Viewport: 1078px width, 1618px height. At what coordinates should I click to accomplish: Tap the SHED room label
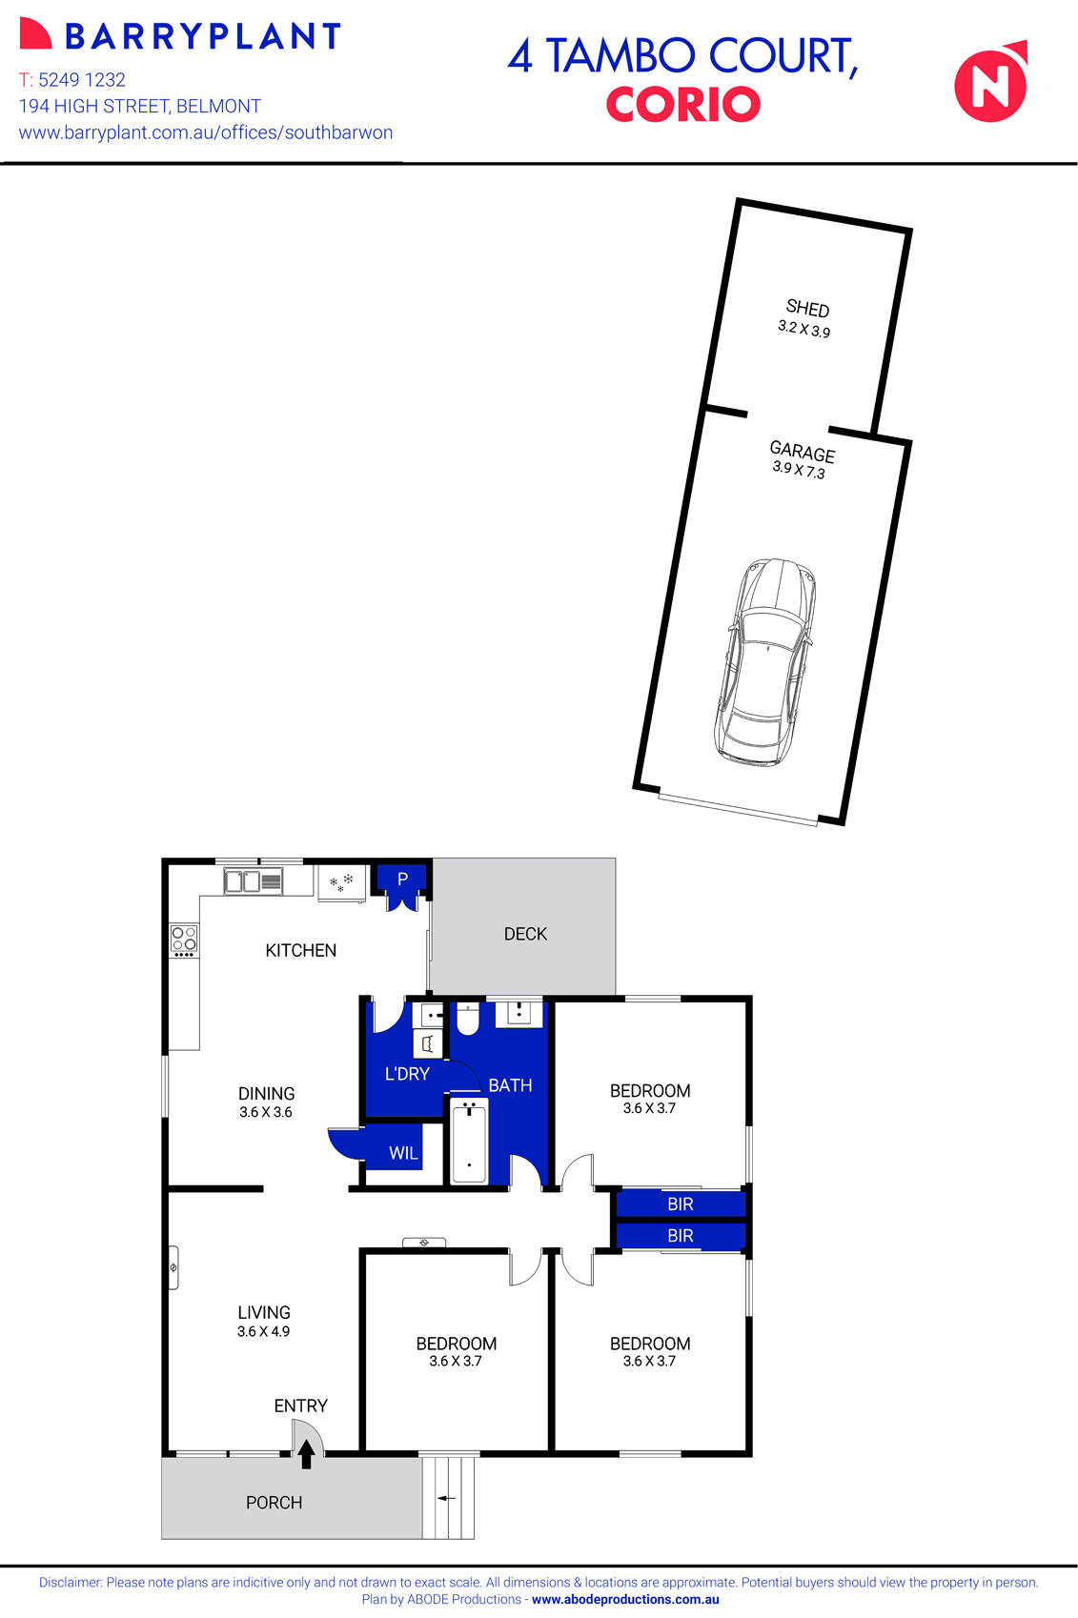[x=807, y=308]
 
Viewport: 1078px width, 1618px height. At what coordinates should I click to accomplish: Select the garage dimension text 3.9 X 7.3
[x=799, y=469]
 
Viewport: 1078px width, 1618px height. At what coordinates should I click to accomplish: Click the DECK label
[x=525, y=934]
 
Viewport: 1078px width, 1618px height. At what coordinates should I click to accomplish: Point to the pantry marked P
[x=402, y=880]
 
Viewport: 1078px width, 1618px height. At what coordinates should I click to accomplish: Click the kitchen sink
[x=253, y=881]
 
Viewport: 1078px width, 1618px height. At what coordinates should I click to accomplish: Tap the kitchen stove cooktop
[x=184, y=940]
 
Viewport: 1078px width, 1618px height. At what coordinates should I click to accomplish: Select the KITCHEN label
[x=300, y=950]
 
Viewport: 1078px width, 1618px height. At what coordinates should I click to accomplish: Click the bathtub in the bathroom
[x=469, y=1141]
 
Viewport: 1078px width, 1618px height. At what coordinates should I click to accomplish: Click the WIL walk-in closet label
[x=403, y=1153]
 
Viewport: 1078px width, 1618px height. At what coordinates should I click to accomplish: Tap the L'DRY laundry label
[x=407, y=1074]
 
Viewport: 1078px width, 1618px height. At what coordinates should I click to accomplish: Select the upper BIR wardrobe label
[x=681, y=1204]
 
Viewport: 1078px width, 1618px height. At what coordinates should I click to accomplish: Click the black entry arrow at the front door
[x=306, y=1453]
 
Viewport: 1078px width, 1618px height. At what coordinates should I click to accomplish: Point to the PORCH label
[x=274, y=1503]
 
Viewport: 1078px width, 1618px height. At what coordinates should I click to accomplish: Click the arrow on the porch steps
[x=446, y=1498]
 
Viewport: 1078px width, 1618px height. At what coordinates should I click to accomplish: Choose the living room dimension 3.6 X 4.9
[x=263, y=1331]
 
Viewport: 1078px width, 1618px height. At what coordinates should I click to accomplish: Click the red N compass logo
[x=991, y=83]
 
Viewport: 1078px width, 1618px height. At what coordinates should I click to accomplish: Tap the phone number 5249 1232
[x=82, y=80]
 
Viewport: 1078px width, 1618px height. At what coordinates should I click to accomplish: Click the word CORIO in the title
[x=682, y=104]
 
